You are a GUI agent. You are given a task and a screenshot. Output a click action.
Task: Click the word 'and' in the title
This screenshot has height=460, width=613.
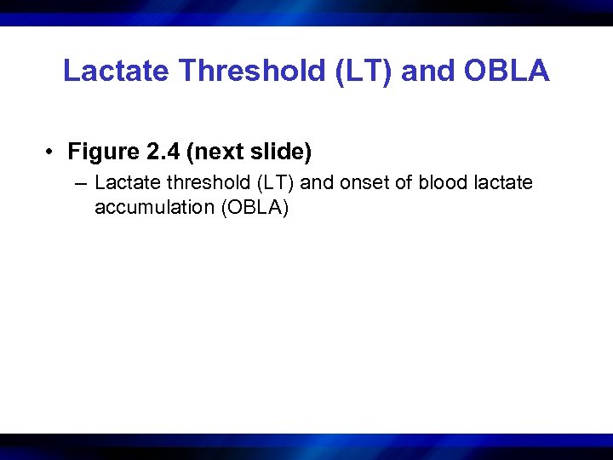[423, 72]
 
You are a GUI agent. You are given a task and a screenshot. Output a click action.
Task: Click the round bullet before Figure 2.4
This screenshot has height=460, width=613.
[52, 153]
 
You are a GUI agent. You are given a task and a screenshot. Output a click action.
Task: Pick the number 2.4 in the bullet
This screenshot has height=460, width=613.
[162, 152]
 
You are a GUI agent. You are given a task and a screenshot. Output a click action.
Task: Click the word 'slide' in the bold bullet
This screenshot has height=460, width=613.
[280, 152]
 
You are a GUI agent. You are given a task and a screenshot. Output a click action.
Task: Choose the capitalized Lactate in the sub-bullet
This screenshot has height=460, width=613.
[123, 183]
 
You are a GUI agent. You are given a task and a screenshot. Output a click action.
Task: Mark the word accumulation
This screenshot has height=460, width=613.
[154, 207]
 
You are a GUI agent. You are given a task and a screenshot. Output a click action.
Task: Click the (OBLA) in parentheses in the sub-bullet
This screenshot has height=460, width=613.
[255, 207]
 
